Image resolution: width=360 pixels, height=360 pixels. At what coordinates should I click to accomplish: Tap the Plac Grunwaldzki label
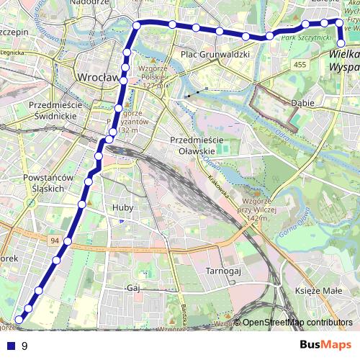215,54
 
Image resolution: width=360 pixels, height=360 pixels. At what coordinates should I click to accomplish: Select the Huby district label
123,207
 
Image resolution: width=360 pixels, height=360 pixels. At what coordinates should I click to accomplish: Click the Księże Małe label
318,290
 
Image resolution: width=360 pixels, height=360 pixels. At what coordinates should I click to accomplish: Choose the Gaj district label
132,287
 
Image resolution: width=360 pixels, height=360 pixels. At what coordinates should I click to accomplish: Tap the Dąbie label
302,103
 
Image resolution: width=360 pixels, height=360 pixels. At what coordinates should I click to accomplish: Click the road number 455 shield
300,66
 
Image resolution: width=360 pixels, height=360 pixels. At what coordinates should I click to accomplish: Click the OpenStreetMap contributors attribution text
297,323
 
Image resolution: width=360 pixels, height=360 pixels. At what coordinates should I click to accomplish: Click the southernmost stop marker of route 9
19,318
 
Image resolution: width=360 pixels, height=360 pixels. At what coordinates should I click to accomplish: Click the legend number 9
24,346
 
